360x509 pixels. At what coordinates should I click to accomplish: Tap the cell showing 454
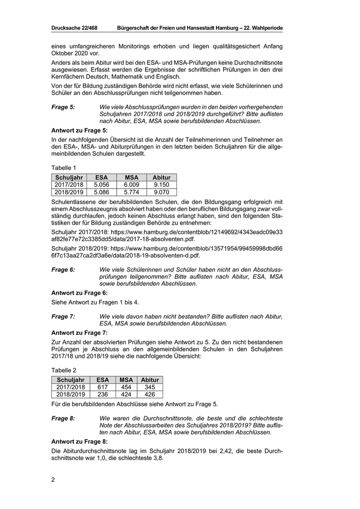pyautogui.click(x=126, y=387)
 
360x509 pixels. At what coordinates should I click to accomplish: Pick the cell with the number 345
pyautogui.click(x=150, y=387)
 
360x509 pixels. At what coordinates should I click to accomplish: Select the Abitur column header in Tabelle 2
pyautogui.click(x=150, y=380)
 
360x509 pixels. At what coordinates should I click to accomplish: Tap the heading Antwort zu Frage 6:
pyautogui.click(x=80, y=293)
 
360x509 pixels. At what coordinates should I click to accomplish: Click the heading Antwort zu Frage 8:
pyautogui.click(x=80, y=442)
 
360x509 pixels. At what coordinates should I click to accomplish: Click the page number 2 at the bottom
pyautogui.click(x=53, y=480)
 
